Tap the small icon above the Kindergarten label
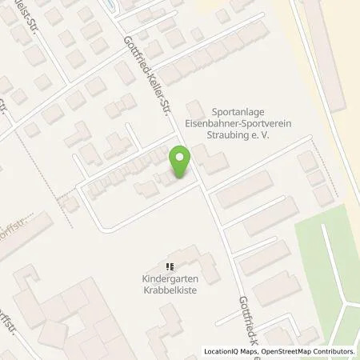click(x=169, y=266)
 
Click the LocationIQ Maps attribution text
click(x=232, y=351)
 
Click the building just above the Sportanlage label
click(x=194, y=107)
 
